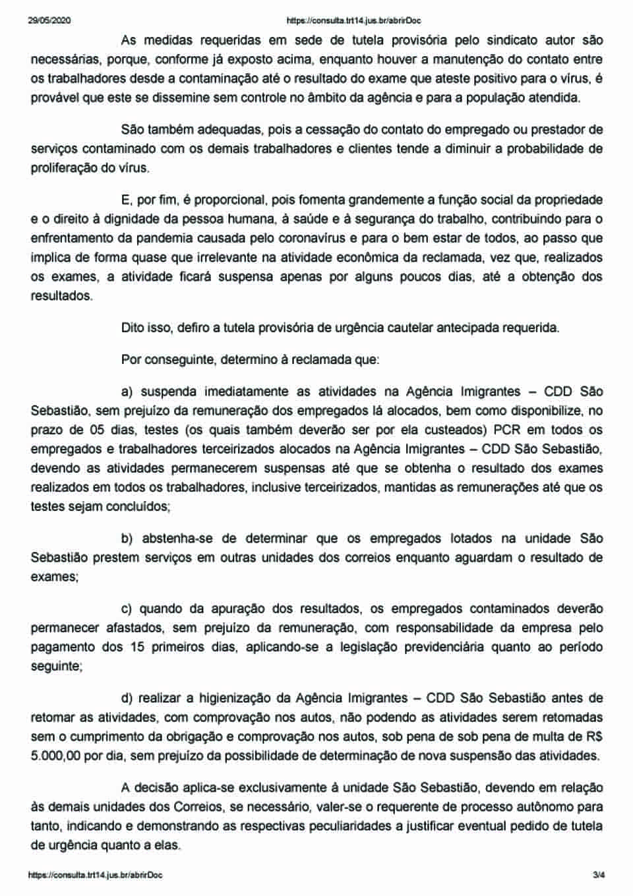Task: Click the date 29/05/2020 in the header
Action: click(49, 20)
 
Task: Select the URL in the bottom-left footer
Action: click(96, 875)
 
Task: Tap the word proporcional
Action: click(229, 199)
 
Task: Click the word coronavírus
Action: click(365, 237)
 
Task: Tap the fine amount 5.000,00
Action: click(55, 756)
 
